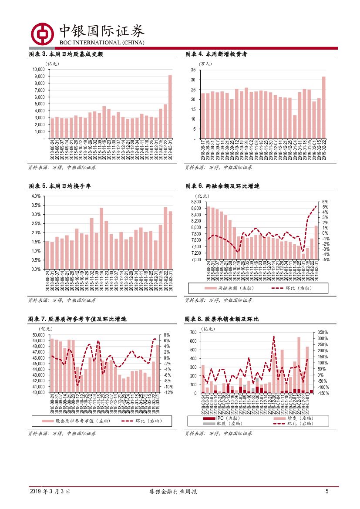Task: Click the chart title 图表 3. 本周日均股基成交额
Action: [x=66, y=54]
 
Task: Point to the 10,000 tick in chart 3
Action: [x=39, y=69]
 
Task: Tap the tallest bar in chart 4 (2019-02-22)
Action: [x=324, y=108]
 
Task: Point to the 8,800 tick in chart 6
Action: [x=194, y=202]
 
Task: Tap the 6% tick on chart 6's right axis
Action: [x=325, y=202]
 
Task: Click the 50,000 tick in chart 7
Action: [x=39, y=335]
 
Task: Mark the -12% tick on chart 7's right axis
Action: [x=169, y=392]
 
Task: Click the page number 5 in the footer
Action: [x=327, y=491]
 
